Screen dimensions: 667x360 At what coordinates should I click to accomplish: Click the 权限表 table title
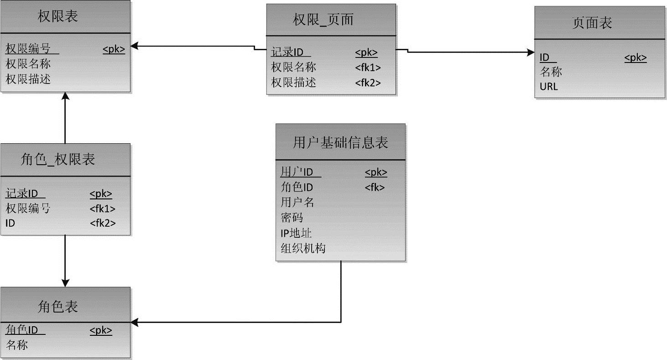tap(57, 16)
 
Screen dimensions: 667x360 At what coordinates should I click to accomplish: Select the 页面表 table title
tap(592, 23)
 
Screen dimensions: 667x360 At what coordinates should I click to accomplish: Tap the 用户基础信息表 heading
tap(340, 143)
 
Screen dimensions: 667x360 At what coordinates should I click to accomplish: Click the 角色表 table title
tap(57, 306)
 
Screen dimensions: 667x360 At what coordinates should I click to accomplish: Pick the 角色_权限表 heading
tap(58, 159)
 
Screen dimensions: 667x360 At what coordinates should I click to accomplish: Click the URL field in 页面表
tap(549, 86)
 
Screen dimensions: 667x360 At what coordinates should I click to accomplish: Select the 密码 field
tap(292, 218)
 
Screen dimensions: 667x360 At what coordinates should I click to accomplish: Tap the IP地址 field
tap(296, 233)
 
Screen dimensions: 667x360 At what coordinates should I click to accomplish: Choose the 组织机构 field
tap(303, 248)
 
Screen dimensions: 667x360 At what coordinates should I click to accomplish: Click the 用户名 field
tap(297, 202)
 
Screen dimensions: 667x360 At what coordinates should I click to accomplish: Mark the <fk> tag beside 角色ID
tap(375, 188)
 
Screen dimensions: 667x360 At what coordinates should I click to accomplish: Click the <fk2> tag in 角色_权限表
tap(102, 223)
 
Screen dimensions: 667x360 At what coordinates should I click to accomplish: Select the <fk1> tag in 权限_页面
tap(368, 68)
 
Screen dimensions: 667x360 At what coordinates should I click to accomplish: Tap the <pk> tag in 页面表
tap(636, 57)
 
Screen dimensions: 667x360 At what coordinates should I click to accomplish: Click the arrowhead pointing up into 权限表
tap(65, 97)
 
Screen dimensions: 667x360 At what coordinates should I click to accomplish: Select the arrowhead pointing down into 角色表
tap(65, 282)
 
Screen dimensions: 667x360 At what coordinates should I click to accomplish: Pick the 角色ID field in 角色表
tap(21, 330)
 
